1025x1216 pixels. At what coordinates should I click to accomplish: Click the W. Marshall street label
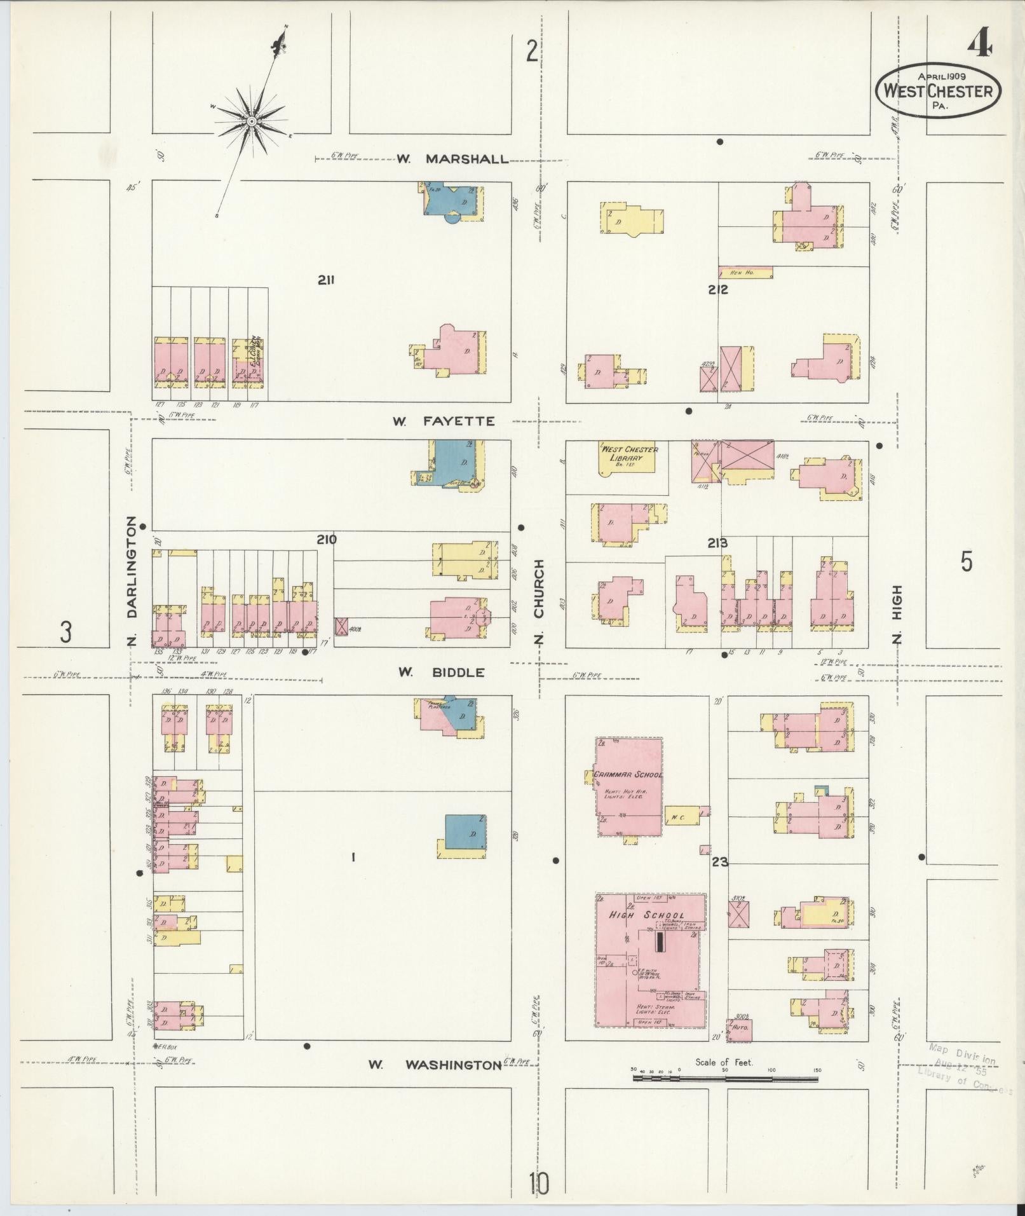(453, 159)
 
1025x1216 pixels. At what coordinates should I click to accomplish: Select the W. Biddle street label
(442, 672)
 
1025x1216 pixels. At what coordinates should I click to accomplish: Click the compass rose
(252, 121)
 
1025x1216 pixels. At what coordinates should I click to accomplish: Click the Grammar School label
(628, 775)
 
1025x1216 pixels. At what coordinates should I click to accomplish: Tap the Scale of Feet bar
(725, 1079)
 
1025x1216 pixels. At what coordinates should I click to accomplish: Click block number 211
(327, 280)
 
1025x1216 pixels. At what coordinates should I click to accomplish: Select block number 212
(718, 290)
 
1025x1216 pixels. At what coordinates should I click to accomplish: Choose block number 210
(327, 540)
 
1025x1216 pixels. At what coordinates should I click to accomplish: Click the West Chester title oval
(938, 91)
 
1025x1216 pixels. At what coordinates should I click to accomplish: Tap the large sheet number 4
(981, 45)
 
